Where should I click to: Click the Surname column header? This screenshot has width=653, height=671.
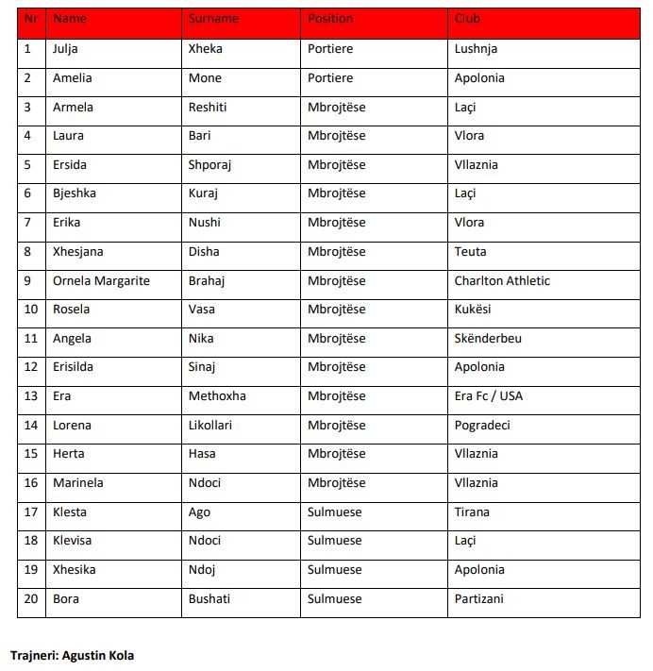pyautogui.click(x=213, y=19)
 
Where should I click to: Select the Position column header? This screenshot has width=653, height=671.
pyautogui.click(x=330, y=19)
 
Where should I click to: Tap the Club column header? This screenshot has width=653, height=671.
pyautogui.click(x=467, y=19)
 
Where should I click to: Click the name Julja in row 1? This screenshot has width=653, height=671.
pyautogui.click(x=67, y=49)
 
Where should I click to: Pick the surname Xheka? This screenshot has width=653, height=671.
pyautogui.click(x=206, y=49)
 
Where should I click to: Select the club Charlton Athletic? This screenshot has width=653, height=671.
pyautogui.click(x=502, y=280)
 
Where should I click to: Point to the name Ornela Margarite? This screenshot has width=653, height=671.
pyautogui.click(x=102, y=280)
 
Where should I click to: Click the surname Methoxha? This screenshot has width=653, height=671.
pyautogui.click(x=217, y=396)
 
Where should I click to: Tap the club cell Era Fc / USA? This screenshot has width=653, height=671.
pyautogui.click(x=488, y=396)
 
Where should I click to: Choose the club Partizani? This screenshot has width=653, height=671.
pyautogui.click(x=478, y=598)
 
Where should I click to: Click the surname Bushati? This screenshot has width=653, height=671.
pyautogui.click(x=209, y=598)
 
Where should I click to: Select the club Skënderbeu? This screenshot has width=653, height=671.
pyautogui.click(x=488, y=338)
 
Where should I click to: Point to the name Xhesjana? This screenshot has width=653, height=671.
pyautogui.click(x=78, y=252)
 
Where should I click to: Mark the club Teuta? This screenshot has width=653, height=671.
pyautogui.click(x=470, y=252)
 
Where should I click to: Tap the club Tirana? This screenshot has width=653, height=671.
pyautogui.click(x=472, y=512)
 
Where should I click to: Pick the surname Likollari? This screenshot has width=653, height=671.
pyautogui.click(x=210, y=425)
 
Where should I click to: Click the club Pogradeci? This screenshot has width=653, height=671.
pyautogui.click(x=482, y=425)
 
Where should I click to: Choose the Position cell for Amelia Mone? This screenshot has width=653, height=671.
pyautogui.click(x=330, y=78)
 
